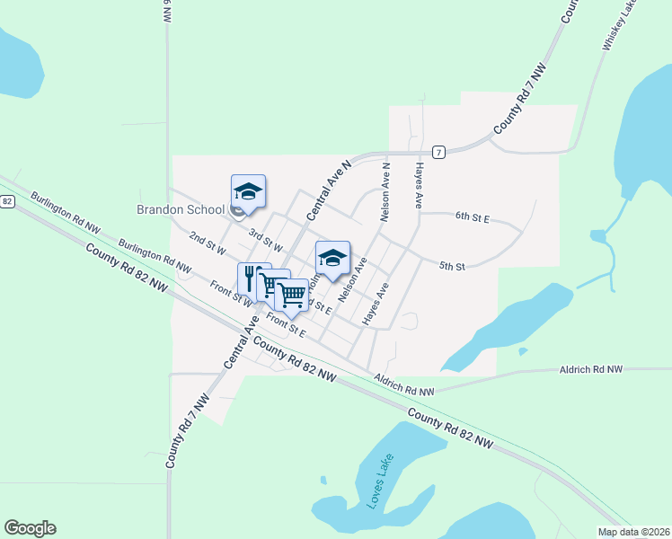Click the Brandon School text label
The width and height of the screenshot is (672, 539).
pos(181,209)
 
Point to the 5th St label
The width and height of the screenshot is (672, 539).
pos(452,267)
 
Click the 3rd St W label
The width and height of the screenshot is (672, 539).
pos(266,241)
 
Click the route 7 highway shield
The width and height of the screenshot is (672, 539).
pos(438,152)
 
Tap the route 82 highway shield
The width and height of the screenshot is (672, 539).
pos(6,200)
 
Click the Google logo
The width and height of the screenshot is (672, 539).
pos(30,528)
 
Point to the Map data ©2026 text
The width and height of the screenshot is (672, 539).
pos(632,532)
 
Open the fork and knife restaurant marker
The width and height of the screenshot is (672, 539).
pos(252,277)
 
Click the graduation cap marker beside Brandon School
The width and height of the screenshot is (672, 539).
pos(248,190)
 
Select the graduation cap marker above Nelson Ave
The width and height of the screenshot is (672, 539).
pos(332,257)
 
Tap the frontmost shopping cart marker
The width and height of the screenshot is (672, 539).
pos(291,294)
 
